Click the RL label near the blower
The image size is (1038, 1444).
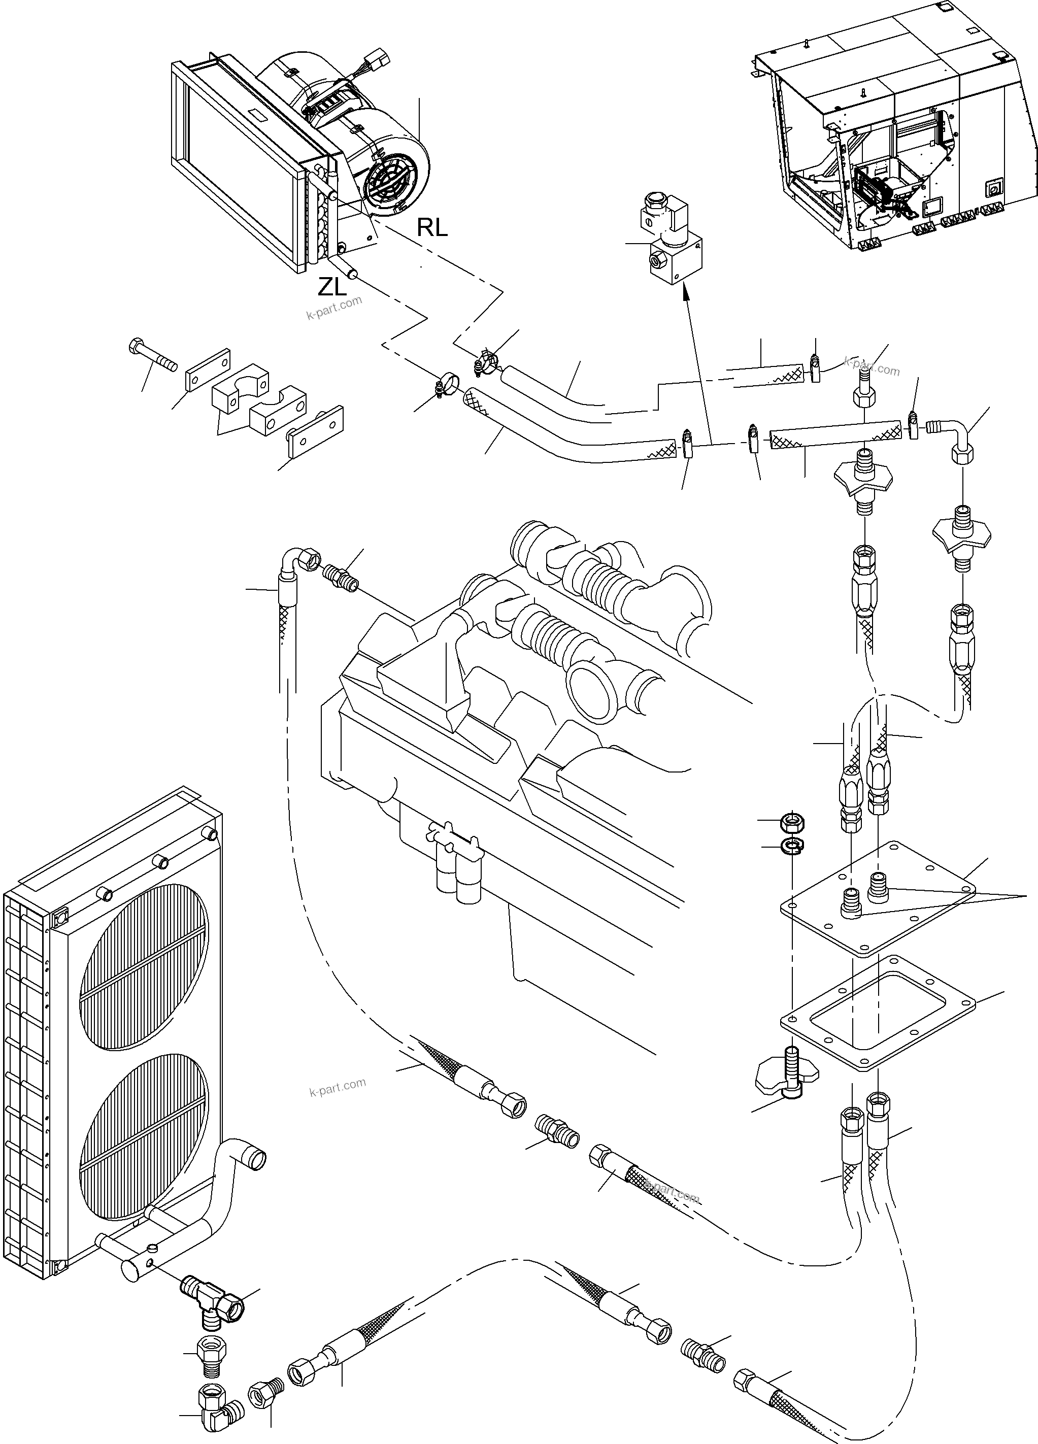[432, 227]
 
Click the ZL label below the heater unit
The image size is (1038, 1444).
[332, 287]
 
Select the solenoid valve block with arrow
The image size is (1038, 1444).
[674, 245]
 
